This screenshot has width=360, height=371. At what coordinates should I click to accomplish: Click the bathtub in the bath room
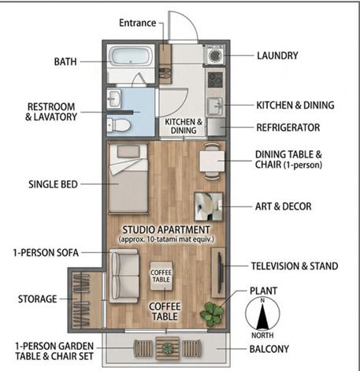pos(131,56)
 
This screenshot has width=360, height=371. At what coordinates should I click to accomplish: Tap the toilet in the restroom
pos(119,125)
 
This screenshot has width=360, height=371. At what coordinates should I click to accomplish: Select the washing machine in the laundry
pos(215,54)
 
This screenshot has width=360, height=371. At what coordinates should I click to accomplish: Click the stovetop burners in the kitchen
pos(215,80)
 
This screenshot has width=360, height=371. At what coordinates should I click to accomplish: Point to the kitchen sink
pos(215,106)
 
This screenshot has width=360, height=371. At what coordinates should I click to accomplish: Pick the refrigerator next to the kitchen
pos(217,127)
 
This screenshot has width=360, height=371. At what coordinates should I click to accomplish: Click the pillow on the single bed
pos(128,151)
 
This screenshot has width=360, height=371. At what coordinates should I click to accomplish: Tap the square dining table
pos(212,161)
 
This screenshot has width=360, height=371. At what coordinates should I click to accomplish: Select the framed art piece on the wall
pos(209,206)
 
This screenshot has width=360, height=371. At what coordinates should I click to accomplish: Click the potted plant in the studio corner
pos(212,314)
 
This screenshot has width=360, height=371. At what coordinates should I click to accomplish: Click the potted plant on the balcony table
pos(167,348)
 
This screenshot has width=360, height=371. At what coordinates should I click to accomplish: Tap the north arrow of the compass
pos(262,316)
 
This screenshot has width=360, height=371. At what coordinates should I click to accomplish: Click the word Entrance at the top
pos(138,23)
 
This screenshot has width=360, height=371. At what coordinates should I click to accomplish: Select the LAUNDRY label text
pos(277,56)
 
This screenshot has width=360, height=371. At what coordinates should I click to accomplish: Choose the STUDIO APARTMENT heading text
pos(166,230)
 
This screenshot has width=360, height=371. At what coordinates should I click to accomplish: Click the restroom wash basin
pos(114,98)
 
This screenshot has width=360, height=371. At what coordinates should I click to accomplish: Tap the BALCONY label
pos(269,349)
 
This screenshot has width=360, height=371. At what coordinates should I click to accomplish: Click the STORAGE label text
pos(37,299)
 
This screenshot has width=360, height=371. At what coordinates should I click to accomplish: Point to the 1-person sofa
pos(124,276)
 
